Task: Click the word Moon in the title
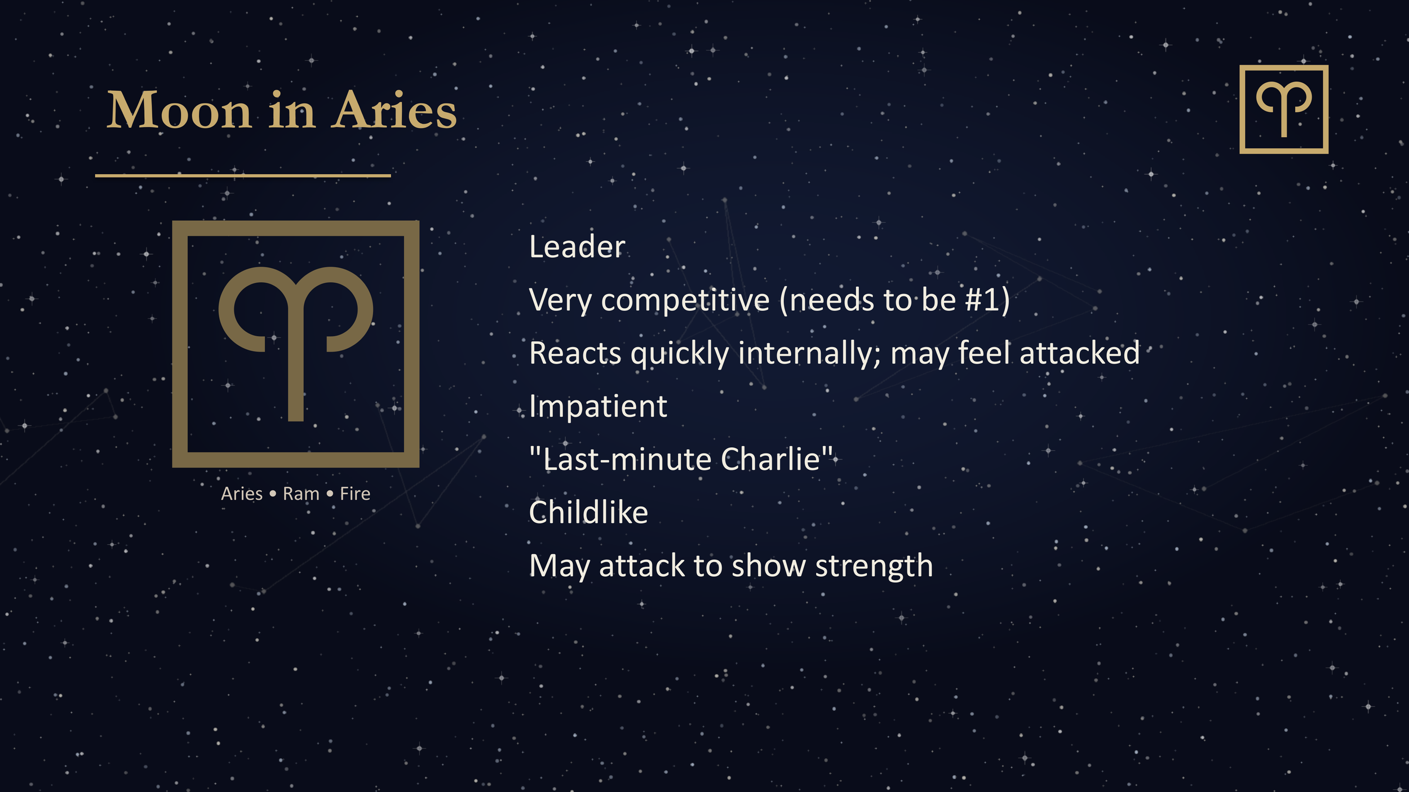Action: point(179,110)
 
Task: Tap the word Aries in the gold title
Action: point(394,110)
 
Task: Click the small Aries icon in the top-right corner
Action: point(1283,109)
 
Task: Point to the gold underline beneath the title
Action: point(242,176)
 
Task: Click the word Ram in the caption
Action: point(301,494)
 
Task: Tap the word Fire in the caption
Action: point(355,494)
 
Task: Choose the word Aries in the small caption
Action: point(242,494)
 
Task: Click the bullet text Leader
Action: point(577,247)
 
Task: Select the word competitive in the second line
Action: point(685,300)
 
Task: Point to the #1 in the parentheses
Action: point(982,300)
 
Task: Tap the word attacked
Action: point(1079,353)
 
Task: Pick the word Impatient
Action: point(598,406)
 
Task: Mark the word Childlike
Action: point(588,513)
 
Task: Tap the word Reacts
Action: point(575,354)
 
